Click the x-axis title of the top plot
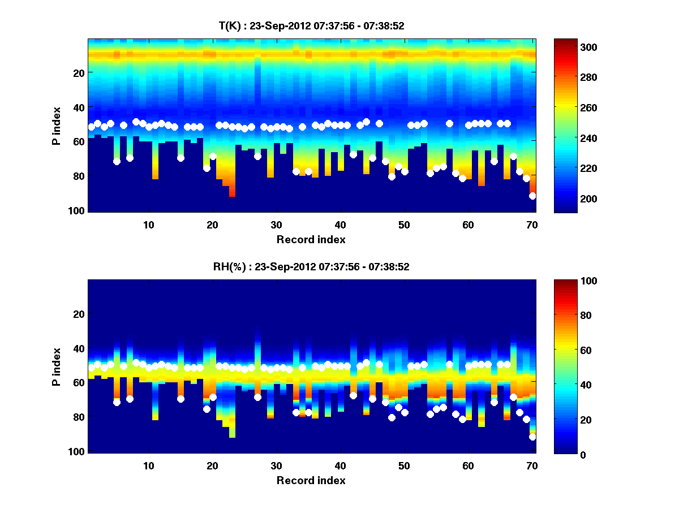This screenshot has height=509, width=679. tap(311, 239)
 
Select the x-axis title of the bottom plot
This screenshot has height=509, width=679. tap(311, 480)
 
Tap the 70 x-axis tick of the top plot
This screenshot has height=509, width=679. tap(531, 225)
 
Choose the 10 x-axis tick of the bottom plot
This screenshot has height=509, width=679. tap(148, 465)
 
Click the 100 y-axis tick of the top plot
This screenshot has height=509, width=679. tap(78, 210)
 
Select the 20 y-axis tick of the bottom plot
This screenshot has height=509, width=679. tap(79, 314)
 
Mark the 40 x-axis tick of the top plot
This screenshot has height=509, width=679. tap(340, 225)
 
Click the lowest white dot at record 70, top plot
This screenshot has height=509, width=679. tap(532, 196)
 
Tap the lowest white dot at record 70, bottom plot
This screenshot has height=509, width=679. tap(532, 437)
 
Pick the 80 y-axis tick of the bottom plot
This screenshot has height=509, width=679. tap(79, 417)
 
